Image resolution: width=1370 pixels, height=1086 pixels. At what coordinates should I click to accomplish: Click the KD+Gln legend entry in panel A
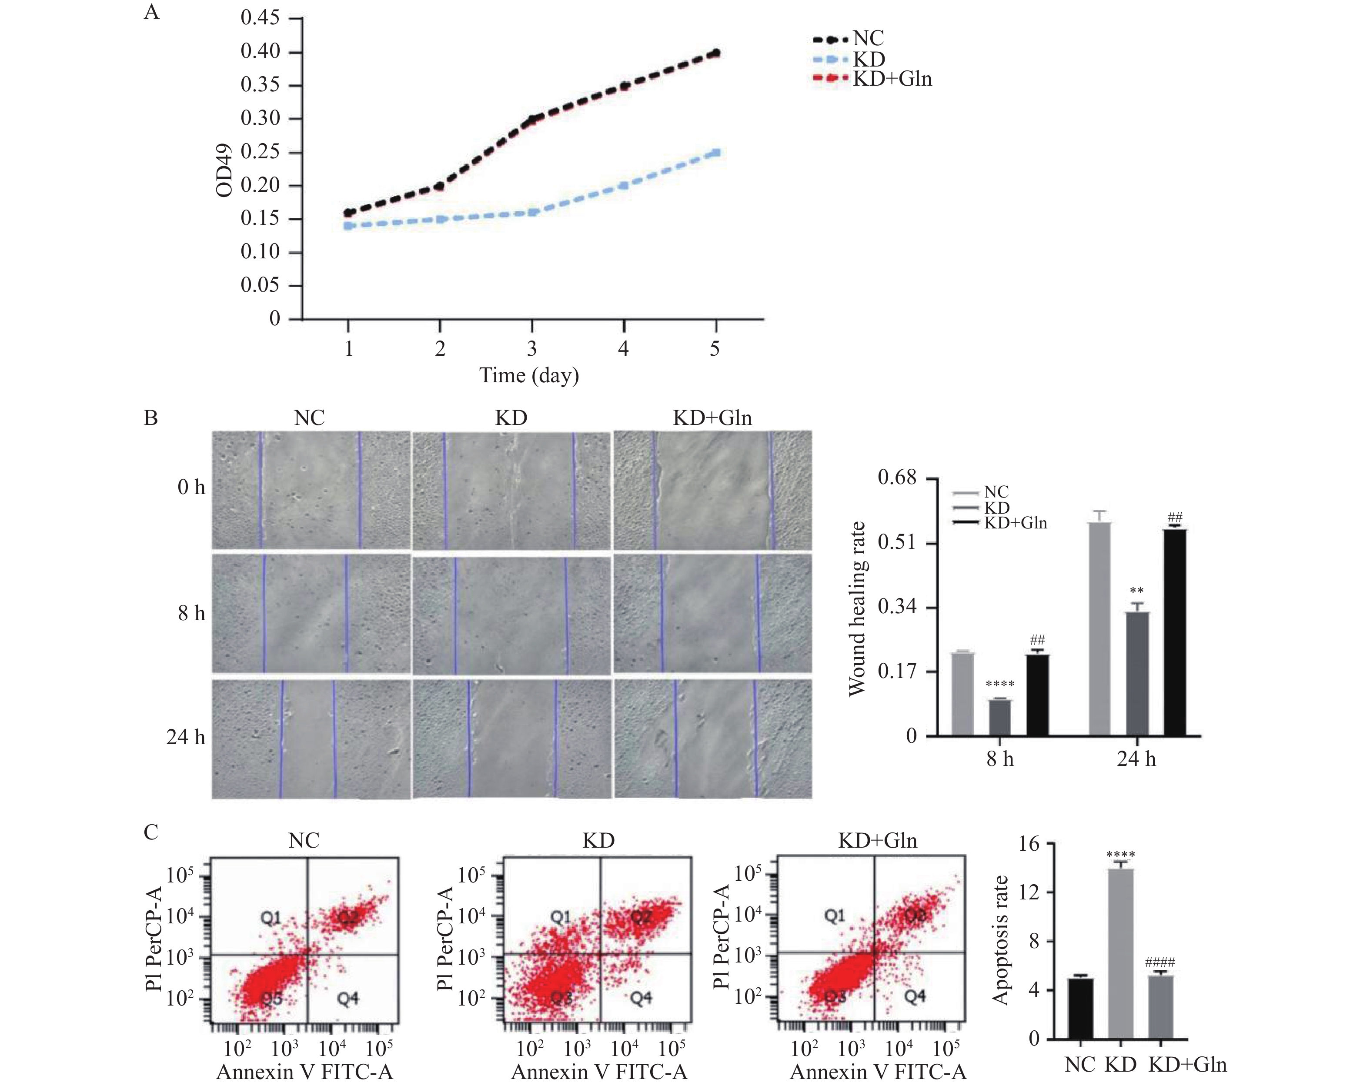coord(892,79)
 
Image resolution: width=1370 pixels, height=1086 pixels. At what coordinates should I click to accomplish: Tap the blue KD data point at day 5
coord(717,153)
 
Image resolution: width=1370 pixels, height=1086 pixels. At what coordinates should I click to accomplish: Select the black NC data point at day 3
coord(532,120)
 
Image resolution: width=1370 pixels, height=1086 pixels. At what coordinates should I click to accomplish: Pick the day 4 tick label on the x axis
coord(623,348)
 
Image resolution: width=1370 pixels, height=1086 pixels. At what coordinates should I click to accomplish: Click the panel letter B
coord(151,418)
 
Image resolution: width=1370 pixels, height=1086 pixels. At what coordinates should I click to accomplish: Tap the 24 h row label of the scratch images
coord(186,737)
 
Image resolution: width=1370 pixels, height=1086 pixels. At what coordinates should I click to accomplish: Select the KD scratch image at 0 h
coord(511,489)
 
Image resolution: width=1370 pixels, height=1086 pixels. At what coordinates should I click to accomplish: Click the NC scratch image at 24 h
coord(311,738)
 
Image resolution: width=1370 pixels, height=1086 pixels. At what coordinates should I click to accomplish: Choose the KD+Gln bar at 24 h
coord(1174,632)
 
